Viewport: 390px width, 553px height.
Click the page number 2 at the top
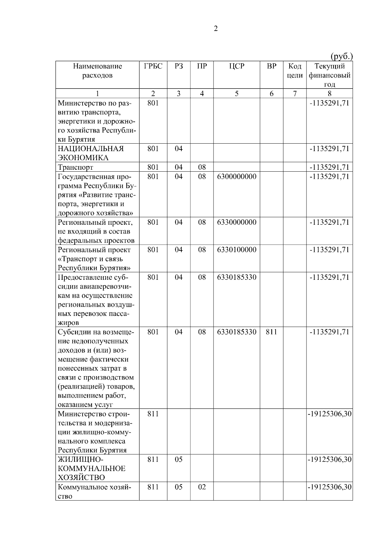(x=216, y=29)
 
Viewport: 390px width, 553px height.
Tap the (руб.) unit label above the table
(x=341, y=56)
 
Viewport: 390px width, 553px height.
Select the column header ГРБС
(x=153, y=66)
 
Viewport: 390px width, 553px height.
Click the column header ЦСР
(x=236, y=66)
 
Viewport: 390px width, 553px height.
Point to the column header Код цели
(x=295, y=71)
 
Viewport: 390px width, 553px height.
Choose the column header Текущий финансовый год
(x=329, y=75)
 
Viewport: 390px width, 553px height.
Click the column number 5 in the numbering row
(x=236, y=94)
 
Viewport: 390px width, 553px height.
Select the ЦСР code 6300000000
(x=236, y=177)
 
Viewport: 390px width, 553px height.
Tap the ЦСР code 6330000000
(x=236, y=222)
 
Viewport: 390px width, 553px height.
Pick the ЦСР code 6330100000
(x=236, y=250)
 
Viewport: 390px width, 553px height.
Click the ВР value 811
(x=271, y=332)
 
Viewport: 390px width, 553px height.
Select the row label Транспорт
(x=75, y=167)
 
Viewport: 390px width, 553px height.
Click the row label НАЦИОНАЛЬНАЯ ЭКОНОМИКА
(x=91, y=153)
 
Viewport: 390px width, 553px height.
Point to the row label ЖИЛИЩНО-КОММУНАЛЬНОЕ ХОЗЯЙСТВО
(x=91, y=469)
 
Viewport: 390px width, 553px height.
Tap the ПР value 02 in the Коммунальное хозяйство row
(x=202, y=487)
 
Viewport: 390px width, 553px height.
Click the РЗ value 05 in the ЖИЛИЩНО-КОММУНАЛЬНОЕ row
(x=178, y=460)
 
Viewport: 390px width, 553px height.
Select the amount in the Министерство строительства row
(x=329, y=414)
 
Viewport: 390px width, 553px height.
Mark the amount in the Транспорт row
(x=329, y=167)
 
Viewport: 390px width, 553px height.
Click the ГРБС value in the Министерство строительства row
(x=153, y=414)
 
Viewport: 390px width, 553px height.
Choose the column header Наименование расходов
(x=97, y=71)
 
